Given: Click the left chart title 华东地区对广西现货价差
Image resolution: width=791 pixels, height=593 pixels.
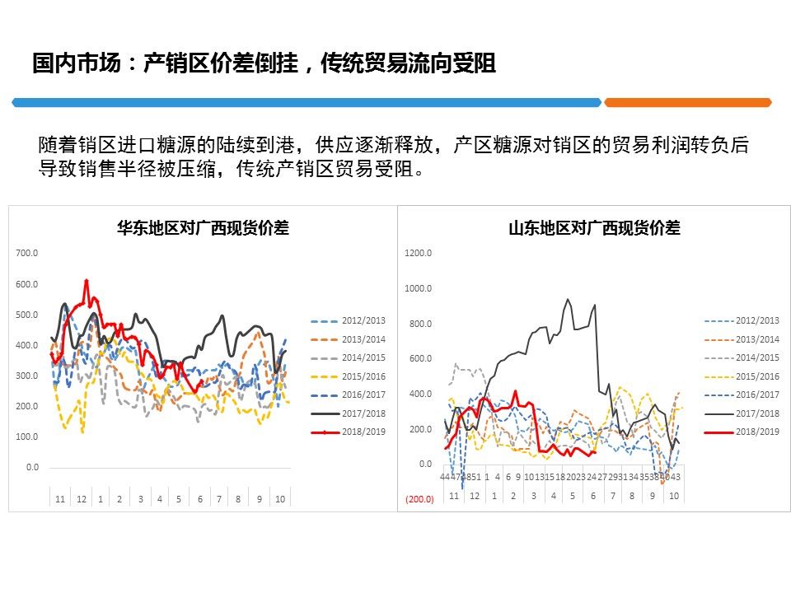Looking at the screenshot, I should pos(203,228).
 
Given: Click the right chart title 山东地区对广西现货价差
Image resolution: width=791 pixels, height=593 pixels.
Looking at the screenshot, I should pos(594,228).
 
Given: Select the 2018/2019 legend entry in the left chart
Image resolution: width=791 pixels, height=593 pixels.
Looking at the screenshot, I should pos(363,432).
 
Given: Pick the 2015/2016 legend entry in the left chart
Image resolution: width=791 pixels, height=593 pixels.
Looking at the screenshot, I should pos(363,376).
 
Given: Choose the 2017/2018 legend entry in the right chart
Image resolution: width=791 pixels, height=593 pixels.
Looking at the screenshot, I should pos(756,413).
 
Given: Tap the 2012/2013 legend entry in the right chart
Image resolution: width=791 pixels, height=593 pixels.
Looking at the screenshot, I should pos(756,320).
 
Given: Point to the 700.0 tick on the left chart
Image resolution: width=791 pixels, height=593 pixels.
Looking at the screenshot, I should pos(27,253).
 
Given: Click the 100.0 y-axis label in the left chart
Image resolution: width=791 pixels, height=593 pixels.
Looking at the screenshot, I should pos(27,437).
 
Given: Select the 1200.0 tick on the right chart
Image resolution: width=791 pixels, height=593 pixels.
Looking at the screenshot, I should pos(419,253).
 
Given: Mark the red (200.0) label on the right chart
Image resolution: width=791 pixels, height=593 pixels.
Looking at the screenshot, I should pos(419,499).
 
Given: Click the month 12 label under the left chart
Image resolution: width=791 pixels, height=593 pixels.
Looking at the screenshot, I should pos(81,499).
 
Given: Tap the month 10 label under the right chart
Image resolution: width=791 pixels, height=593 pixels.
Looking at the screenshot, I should pos(672,496).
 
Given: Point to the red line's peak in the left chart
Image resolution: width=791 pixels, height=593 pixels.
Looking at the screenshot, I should pos(87,281).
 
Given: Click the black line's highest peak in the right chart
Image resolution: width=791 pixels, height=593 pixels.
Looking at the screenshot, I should pos(568,300).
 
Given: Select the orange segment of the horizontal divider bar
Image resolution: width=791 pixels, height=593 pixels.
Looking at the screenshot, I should pos(687,102).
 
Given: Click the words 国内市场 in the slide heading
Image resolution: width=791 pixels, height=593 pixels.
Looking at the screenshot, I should pos(67,63).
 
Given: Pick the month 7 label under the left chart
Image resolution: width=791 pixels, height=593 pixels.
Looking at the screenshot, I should pos(218,499).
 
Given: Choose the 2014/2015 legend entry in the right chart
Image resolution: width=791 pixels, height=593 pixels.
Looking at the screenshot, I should pos(756,357).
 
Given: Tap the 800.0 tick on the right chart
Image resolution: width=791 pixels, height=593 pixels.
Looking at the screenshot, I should pos(420,324).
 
